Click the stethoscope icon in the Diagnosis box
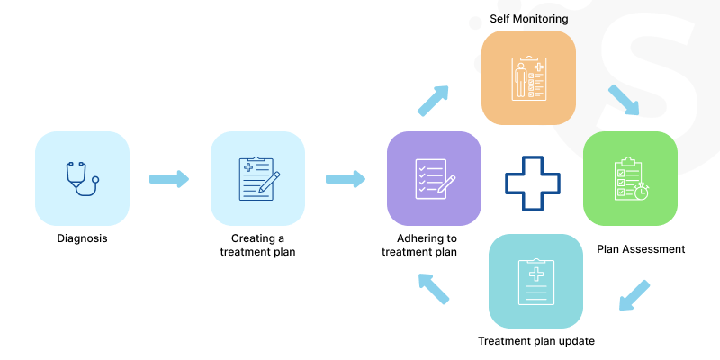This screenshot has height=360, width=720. [82, 178]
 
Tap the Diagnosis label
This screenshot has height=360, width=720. [82, 238]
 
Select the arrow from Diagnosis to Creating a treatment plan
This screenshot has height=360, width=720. [168, 179]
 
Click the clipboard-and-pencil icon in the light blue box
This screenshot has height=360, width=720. [258, 178]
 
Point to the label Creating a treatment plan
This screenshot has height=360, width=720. [258, 245]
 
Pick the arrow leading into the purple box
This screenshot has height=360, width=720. [345, 179]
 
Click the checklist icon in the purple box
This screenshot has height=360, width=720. [434, 178]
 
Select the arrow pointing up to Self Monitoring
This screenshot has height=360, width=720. [432, 101]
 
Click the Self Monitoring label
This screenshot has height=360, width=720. [528, 18]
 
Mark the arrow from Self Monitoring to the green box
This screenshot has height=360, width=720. [624, 100]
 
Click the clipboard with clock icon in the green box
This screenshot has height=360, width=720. [630, 178]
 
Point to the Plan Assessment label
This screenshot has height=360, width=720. [641, 249]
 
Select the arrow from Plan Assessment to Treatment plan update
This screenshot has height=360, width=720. [634, 295]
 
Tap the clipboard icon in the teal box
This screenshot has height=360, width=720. [535, 281]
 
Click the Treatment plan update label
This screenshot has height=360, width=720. [535, 341]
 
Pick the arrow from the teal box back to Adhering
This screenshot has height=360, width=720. [434, 288]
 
